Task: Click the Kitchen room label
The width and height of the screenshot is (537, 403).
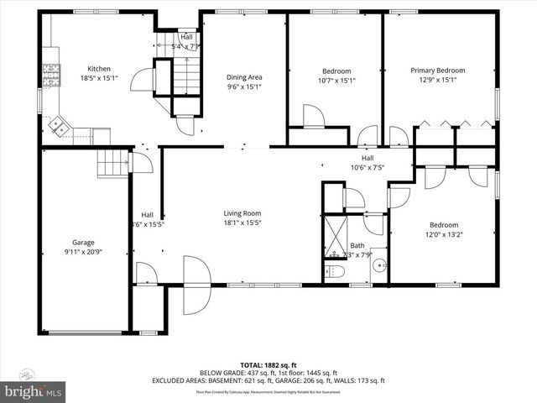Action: tap(100, 69)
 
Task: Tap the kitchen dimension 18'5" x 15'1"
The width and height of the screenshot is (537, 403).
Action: tap(100, 78)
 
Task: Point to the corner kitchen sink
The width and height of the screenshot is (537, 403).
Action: tap(60, 126)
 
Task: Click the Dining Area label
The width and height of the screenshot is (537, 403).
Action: tap(244, 77)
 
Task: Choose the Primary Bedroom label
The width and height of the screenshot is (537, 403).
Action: tap(437, 71)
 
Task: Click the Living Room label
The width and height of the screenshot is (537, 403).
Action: tap(242, 213)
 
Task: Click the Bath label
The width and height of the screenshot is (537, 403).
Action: tap(357, 245)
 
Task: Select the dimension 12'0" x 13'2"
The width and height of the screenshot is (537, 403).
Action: tap(444, 234)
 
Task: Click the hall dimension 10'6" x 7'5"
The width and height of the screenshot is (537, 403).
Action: tap(368, 166)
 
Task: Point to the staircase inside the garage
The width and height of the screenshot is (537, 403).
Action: tap(111, 163)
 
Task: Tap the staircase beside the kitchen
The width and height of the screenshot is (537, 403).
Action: tap(185, 75)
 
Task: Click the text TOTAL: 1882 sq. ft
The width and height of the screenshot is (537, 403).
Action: tap(268, 364)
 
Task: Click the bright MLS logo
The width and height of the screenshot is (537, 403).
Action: tap(34, 391)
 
